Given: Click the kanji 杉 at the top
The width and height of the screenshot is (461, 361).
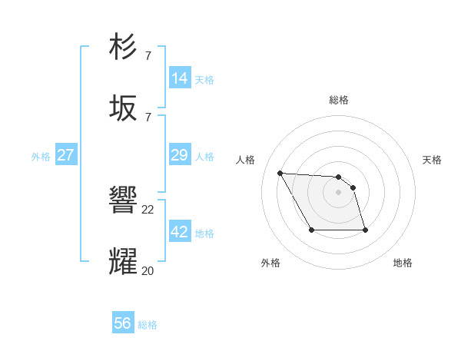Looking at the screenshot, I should coord(124,47).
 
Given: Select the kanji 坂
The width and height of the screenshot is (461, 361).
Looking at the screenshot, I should coord(124,108).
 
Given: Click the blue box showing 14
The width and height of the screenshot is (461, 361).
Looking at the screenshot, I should coord(180,78).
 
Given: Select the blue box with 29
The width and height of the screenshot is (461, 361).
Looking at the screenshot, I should coord(180,155).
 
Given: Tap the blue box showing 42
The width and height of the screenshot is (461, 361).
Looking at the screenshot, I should coord(180,232).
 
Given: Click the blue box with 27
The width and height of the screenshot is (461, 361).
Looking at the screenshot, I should coord(65,155).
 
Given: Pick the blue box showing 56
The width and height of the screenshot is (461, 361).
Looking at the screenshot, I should coord(123,323).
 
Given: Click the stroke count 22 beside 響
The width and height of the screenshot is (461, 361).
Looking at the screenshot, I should coord(148,209).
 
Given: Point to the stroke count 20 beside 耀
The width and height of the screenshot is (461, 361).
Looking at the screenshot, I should coord(148,270).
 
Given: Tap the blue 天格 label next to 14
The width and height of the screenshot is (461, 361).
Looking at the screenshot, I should coord(204,79).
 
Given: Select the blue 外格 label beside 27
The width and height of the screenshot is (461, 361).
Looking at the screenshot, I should coord(41,156).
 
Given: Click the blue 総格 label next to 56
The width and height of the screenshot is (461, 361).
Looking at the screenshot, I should coord(148,324).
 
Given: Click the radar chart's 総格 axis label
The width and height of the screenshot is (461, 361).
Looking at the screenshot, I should coord(339,100).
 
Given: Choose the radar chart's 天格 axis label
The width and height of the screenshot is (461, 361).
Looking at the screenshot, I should coord(433,160).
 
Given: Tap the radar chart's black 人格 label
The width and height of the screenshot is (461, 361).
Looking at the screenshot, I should coord(245,160).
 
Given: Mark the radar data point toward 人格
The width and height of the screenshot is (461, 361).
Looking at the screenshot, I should coord(280,173).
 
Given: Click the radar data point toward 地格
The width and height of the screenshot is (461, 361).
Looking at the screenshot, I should coord(365,230).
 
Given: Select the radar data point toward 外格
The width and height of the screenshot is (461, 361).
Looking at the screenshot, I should coord(311,230).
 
